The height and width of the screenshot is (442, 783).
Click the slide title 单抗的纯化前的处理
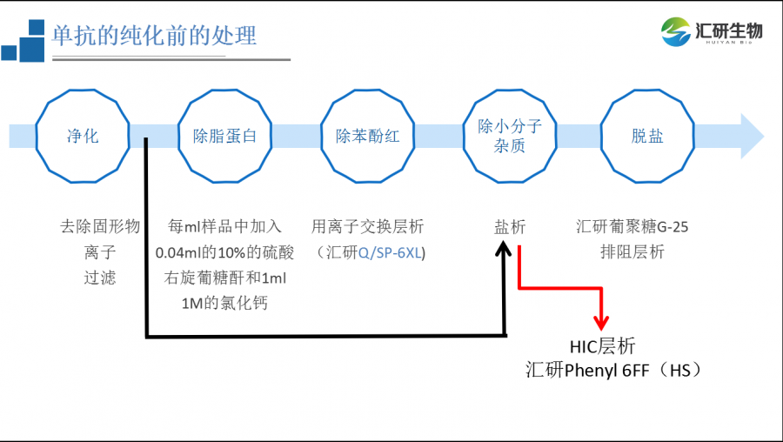pos(154,36)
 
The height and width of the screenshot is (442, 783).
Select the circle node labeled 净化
pos(83,136)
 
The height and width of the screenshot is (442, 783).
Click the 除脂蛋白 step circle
pos(224,136)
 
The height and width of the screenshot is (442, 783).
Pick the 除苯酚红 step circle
pos(367,136)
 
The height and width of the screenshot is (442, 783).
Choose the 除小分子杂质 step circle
pos(510,136)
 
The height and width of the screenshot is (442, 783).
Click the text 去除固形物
pos(99,227)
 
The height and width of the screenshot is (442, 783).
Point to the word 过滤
pos(99,278)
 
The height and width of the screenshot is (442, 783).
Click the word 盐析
pos(510,227)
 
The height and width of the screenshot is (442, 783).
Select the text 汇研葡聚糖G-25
pos(632,227)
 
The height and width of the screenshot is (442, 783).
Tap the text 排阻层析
pos(632,252)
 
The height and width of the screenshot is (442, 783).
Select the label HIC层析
pos(602,346)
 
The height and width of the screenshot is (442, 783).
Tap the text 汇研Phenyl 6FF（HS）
pos(614,371)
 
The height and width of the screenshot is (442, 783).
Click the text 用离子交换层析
pos(367,227)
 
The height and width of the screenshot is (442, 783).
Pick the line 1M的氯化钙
pos(224,304)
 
